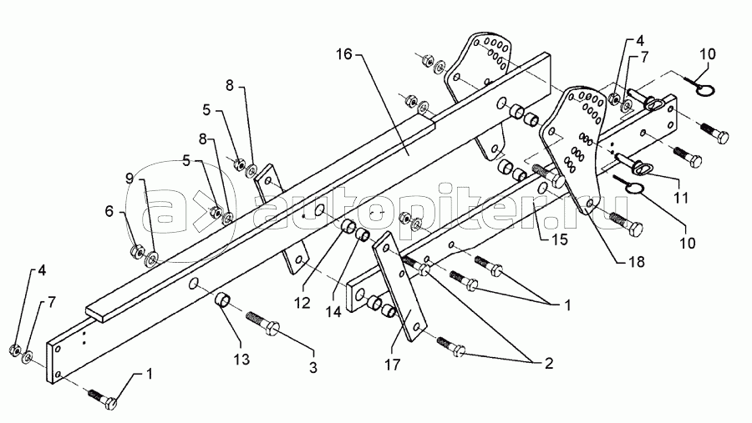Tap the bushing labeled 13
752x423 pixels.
(223, 301)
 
